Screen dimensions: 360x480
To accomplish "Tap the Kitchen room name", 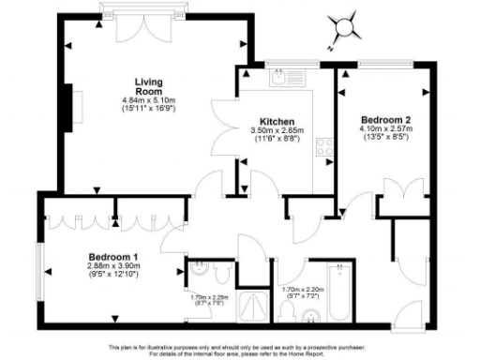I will (x=277, y=122).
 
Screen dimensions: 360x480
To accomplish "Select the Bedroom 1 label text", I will (x=113, y=257).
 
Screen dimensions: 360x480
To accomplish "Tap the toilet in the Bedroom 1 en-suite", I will (x=220, y=273).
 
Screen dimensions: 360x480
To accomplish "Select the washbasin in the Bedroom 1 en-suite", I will (x=196, y=273).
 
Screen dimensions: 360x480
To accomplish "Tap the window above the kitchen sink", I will (x=278, y=66).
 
